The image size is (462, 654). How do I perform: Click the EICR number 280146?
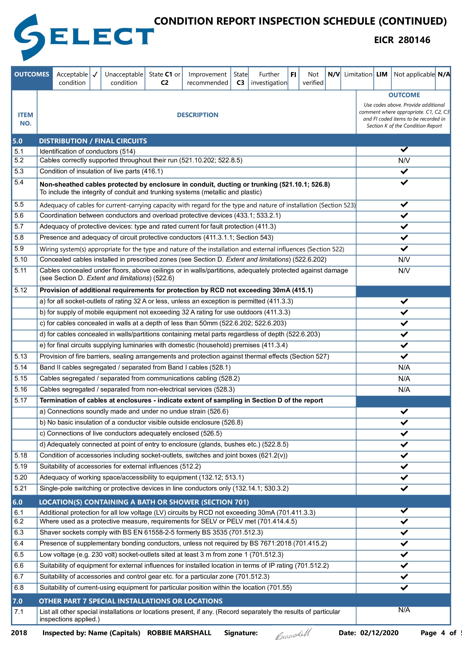pos(414,40)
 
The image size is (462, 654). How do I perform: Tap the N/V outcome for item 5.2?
pos(404,161)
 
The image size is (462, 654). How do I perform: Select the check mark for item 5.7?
pos(404,227)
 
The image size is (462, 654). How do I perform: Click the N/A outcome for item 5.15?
pos(404,379)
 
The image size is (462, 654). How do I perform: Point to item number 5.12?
pos(21,290)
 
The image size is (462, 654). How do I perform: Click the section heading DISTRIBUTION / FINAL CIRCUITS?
pos(93,141)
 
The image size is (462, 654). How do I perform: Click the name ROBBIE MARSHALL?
pos(179,633)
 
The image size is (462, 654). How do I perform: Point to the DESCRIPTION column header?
pos(197,115)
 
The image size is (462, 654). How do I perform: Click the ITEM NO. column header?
pos(25,119)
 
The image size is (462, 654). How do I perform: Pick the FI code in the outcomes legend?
pos(293,75)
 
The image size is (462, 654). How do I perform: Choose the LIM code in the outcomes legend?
pos(382,75)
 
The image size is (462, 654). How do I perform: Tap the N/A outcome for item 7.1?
pos(404,610)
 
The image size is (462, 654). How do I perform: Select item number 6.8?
pos(19,588)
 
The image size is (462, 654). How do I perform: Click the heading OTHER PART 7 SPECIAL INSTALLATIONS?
pos(131,601)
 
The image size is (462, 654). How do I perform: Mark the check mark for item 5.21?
pos(404,488)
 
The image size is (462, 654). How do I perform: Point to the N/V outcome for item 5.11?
pos(404,271)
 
